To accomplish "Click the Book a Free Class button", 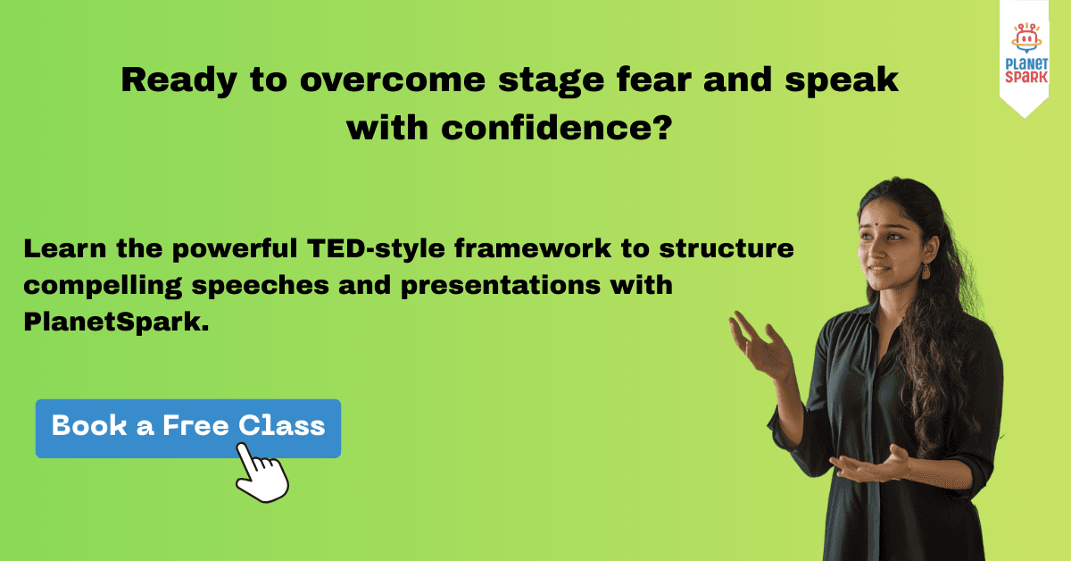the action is (x=188, y=429).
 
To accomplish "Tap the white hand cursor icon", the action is (x=262, y=473).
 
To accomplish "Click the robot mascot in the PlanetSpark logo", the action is (x=1026, y=38).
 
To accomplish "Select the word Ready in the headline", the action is (x=178, y=80).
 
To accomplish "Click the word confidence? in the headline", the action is (x=557, y=129).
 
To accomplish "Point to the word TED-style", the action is (x=376, y=249).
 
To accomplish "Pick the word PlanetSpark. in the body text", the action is (x=116, y=322).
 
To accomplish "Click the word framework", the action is (x=533, y=248).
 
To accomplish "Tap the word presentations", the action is (x=501, y=286).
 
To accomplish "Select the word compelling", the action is (x=103, y=286).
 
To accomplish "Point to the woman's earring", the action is (x=926, y=272).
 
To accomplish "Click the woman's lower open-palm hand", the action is (x=869, y=465).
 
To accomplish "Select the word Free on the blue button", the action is (x=195, y=425).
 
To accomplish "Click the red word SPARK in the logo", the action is (x=1026, y=77).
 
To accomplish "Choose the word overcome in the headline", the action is (x=393, y=80).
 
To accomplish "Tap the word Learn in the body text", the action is (x=65, y=249).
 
